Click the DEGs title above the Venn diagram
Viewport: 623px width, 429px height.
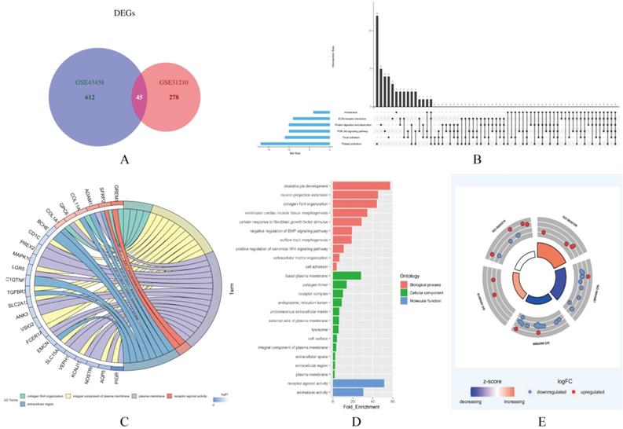[117, 13]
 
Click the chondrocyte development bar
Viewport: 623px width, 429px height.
[361, 185]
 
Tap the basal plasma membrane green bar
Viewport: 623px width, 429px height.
[346, 275]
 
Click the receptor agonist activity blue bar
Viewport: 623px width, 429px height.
[358, 383]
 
